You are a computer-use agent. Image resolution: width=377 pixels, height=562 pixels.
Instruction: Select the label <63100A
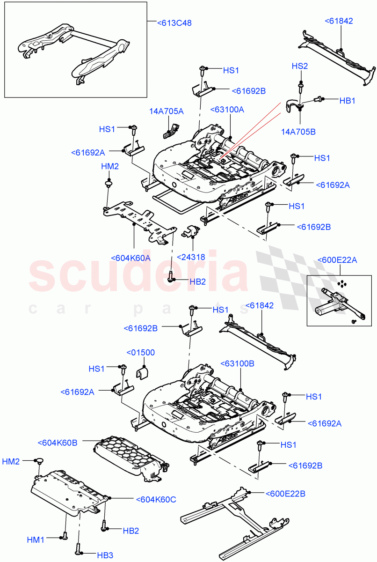point(227,109)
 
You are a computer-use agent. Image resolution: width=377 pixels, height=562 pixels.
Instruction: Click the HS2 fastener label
point(300,66)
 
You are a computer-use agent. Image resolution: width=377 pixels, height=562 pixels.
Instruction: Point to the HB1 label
point(348,100)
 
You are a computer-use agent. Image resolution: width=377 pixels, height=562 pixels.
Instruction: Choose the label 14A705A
point(167,111)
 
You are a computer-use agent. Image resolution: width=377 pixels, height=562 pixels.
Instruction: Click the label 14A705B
point(298,132)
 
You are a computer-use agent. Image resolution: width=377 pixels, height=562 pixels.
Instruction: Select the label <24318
point(192,257)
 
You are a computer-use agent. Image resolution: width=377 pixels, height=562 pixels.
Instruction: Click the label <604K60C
point(156,499)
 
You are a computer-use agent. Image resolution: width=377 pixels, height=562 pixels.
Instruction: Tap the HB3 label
point(105,555)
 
